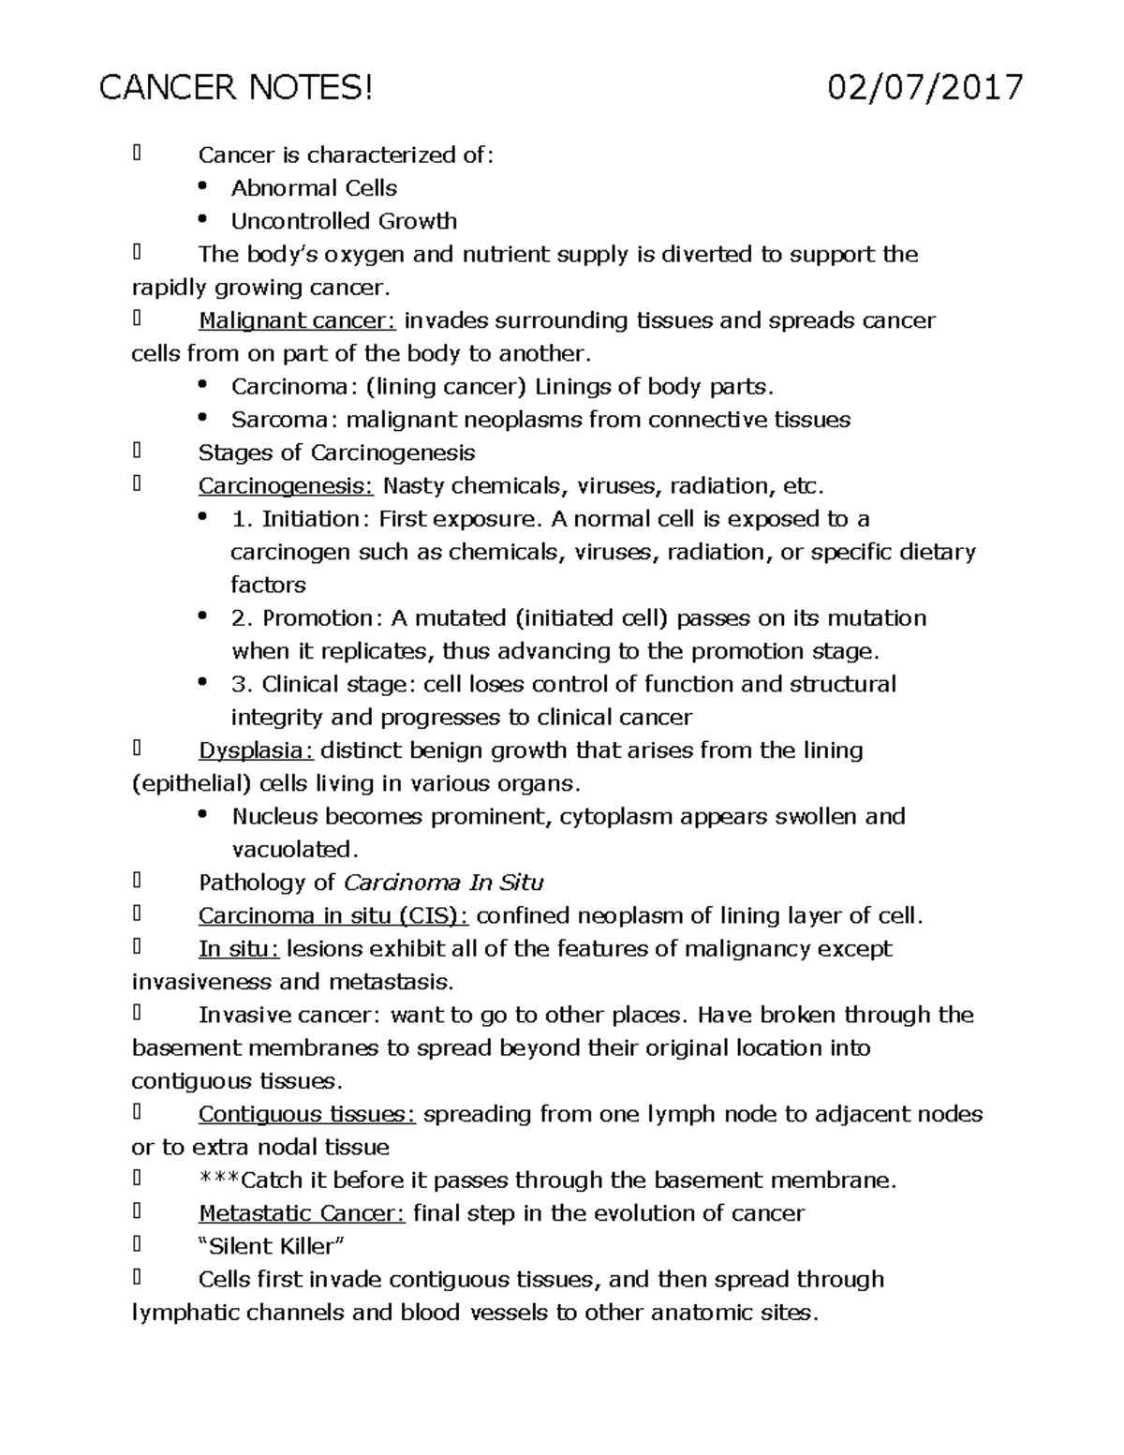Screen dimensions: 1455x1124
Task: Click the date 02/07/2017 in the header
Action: point(924,88)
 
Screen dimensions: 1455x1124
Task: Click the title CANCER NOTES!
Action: point(236,88)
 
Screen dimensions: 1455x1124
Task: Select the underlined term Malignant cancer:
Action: point(297,321)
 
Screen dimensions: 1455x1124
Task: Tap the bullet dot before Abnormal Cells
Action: point(202,186)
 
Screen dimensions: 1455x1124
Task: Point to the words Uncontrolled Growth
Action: point(344,222)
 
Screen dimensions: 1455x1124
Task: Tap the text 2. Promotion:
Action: point(306,618)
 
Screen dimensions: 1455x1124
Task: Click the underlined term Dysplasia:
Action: point(256,750)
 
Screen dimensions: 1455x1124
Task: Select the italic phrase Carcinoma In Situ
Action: point(443,883)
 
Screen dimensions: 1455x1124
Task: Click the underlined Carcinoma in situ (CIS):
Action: point(333,916)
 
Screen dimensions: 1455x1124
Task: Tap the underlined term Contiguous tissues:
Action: point(306,1115)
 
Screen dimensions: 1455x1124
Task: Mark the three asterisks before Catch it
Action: point(219,1180)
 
